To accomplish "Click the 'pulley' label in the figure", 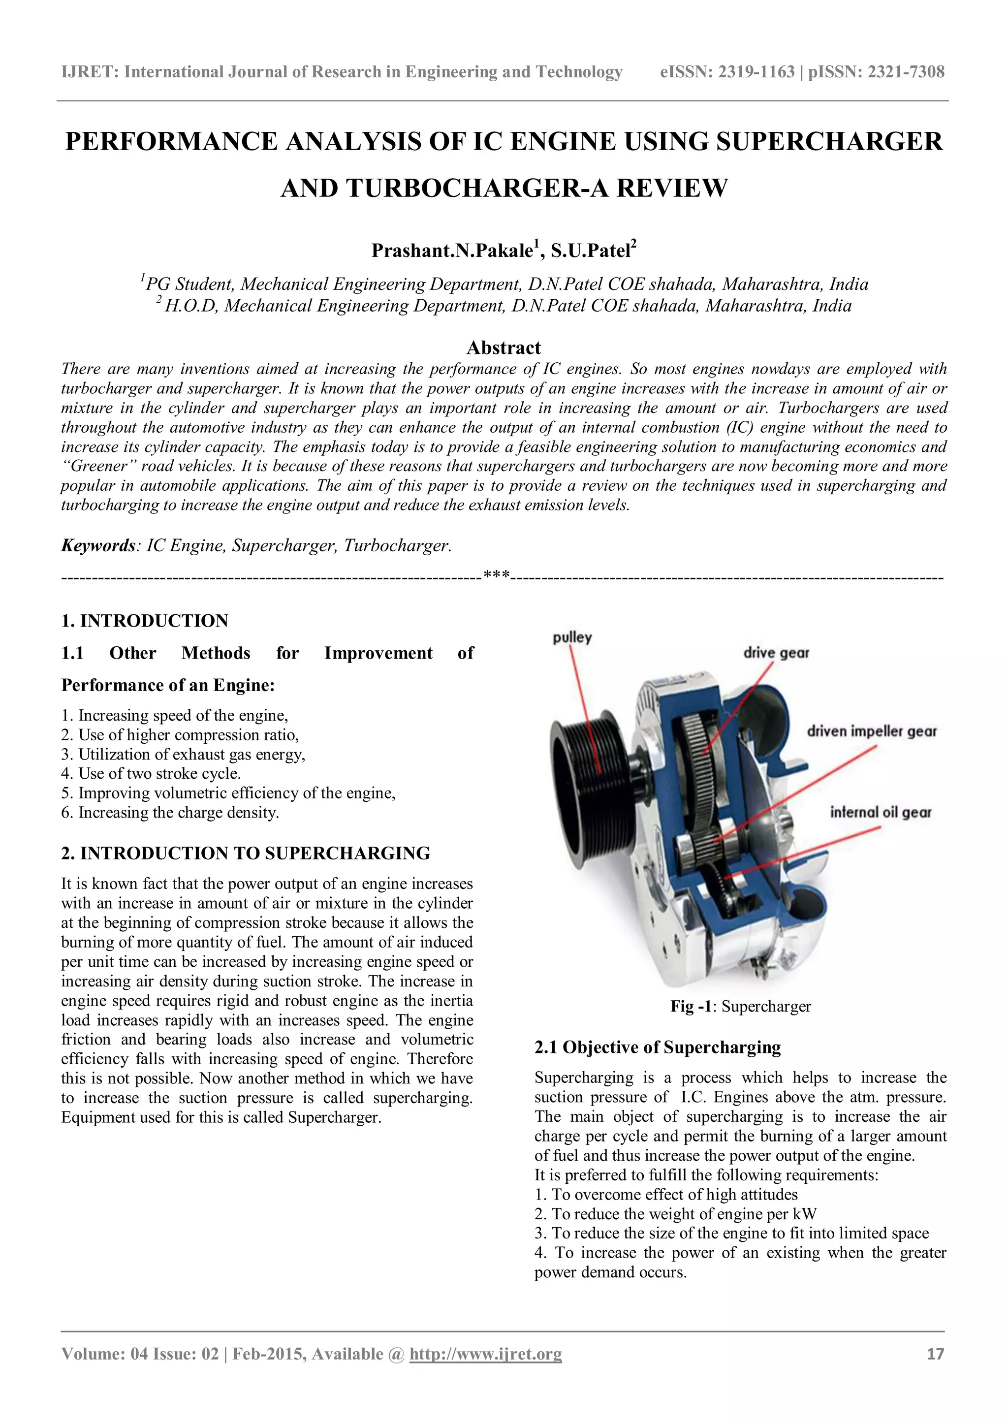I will tap(572, 637).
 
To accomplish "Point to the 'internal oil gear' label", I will tap(881, 813).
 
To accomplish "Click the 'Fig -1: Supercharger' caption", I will tap(740, 1006).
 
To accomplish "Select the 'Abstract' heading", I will tap(504, 347).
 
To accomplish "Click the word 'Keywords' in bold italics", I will tap(97, 545).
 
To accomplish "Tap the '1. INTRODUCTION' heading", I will tap(145, 621).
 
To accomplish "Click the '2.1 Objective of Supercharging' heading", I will tap(657, 1047).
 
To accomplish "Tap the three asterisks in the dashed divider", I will tap(497, 576).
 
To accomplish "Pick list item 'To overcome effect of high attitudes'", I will tap(666, 1194).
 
